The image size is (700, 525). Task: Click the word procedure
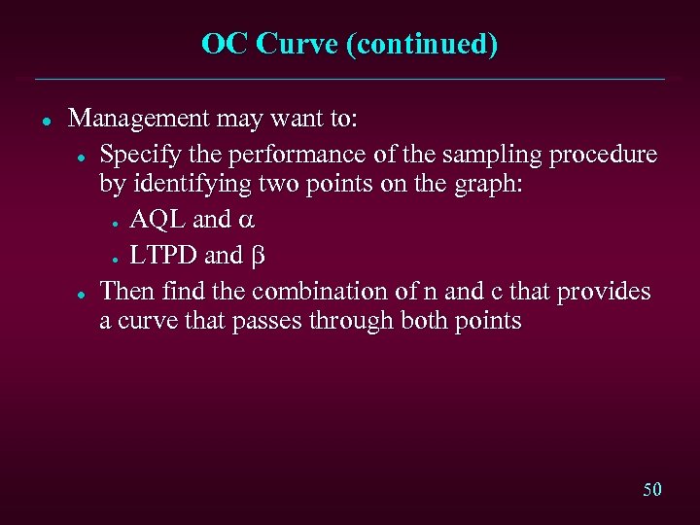[604, 156]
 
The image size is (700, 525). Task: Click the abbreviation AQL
[157, 220]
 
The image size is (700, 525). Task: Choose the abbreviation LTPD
[164, 256]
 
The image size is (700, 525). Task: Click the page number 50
[652, 489]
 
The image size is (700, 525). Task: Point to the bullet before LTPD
[115, 259]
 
